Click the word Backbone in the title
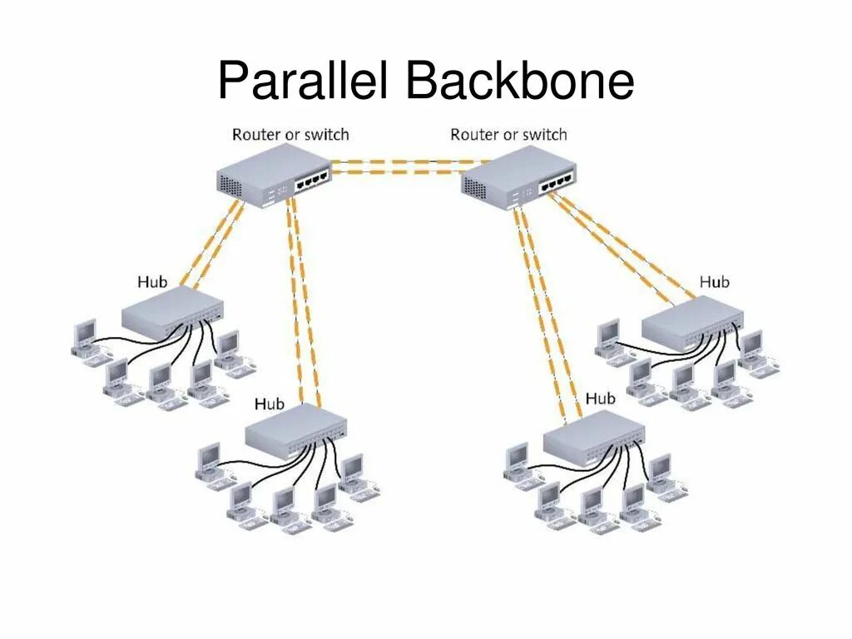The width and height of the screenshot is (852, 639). (x=521, y=82)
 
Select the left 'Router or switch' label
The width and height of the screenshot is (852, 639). (x=290, y=134)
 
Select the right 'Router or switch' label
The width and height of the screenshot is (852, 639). (x=508, y=134)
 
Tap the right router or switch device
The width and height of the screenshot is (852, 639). (x=517, y=180)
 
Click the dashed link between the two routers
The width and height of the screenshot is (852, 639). (x=397, y=166)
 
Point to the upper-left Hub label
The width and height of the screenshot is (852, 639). (x=152, y=281)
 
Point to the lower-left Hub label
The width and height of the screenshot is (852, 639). (x=269, y=404)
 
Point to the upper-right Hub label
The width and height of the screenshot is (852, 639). (x=714, y=282)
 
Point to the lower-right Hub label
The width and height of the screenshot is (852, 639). (x=600, y=399)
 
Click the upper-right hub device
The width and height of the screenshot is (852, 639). (x=691, y=321)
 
